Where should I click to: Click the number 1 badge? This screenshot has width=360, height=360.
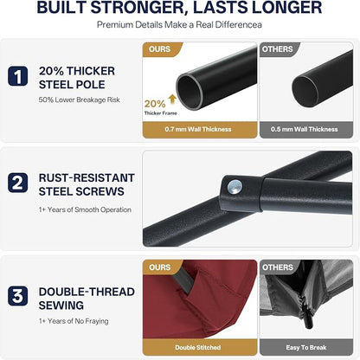pyautogui.click(x=18, y=76)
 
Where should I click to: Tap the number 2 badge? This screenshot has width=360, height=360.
pyautogui.click(x=18, y=183)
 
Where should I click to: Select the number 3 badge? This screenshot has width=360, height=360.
pyautogui.click(x=18, y=296)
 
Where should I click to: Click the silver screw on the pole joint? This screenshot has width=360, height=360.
pyautogui.click(x=235, y=187)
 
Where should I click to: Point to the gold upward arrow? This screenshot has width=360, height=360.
pyautogui.click(x=172, y=100)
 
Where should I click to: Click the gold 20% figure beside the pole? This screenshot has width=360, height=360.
pyautogui.click(x=155, y=104)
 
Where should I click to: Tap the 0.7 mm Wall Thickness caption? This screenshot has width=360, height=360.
pyautogui.click(x=198, y=129)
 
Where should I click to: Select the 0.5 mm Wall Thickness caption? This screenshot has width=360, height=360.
pyautogui.click(x=304, y=129)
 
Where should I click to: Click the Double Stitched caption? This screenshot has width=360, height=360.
pyautogui.click(x=198, y=348)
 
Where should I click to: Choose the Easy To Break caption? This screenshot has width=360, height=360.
pyautogui.click(x=306, y=348)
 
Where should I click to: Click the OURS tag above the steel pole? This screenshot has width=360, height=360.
pyautogui.click(x=159, y=49)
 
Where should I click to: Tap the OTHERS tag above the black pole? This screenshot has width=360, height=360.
pyautogui.click(x=277, y=49)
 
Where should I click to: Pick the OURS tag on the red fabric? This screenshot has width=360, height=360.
pyautogui.click(x=159, y=267)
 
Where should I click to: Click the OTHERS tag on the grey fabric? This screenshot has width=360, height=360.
pyautogui.click(x=277, y=267)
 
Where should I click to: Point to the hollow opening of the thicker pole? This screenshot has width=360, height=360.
pyautogui.click(x=190, y=91)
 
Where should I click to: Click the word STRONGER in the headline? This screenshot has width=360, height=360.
pyautogui.click(x=138, y=8)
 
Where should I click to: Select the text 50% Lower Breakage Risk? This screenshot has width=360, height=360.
pyautogui.click(x=80, y=100)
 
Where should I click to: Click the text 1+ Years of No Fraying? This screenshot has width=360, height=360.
pyautogui.click(x=74, y=321)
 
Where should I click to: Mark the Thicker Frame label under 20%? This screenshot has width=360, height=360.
pyautogui.click(x=161, y=113)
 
